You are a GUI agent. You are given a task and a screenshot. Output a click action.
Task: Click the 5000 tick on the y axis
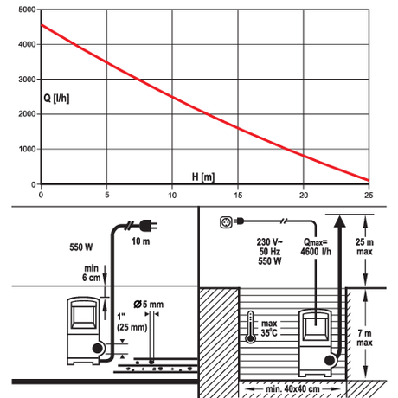click(27, 10)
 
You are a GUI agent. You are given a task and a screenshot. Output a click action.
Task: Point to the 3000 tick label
click(27, 80)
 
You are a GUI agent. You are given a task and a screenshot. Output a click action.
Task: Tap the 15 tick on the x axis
click(238, 196)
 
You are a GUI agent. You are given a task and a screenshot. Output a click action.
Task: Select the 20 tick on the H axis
click(304, 196)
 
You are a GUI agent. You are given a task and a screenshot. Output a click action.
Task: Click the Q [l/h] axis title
click(56, 99)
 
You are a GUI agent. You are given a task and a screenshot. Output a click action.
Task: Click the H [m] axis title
click(203, 177)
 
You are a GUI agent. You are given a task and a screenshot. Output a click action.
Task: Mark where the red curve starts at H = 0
click(42, 25)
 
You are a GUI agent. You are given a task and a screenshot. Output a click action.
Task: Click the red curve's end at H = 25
click(369, 180)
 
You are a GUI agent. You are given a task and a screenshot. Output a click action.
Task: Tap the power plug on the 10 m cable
click(148, 226)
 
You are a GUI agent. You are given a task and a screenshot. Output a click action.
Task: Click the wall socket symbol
click(226, 222)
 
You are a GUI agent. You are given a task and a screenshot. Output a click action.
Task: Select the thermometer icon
click(250, 327)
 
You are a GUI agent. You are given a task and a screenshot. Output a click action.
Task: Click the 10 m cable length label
click(141, 241)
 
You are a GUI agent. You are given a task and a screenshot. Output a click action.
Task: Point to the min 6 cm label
click(91, 273)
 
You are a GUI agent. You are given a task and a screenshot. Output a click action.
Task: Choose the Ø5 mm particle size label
click(149, 305)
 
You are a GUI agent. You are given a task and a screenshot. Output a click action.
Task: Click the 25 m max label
click(364, 247)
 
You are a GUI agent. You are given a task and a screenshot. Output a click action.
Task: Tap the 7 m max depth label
click(364, 337)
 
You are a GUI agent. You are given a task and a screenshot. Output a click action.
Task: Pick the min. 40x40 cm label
click(292, 388)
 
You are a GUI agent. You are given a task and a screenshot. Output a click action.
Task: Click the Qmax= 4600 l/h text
click(316, 247)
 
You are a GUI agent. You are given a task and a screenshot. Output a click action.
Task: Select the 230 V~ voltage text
click(270, 241)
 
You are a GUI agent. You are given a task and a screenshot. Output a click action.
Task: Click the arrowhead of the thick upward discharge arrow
click(340, 221)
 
